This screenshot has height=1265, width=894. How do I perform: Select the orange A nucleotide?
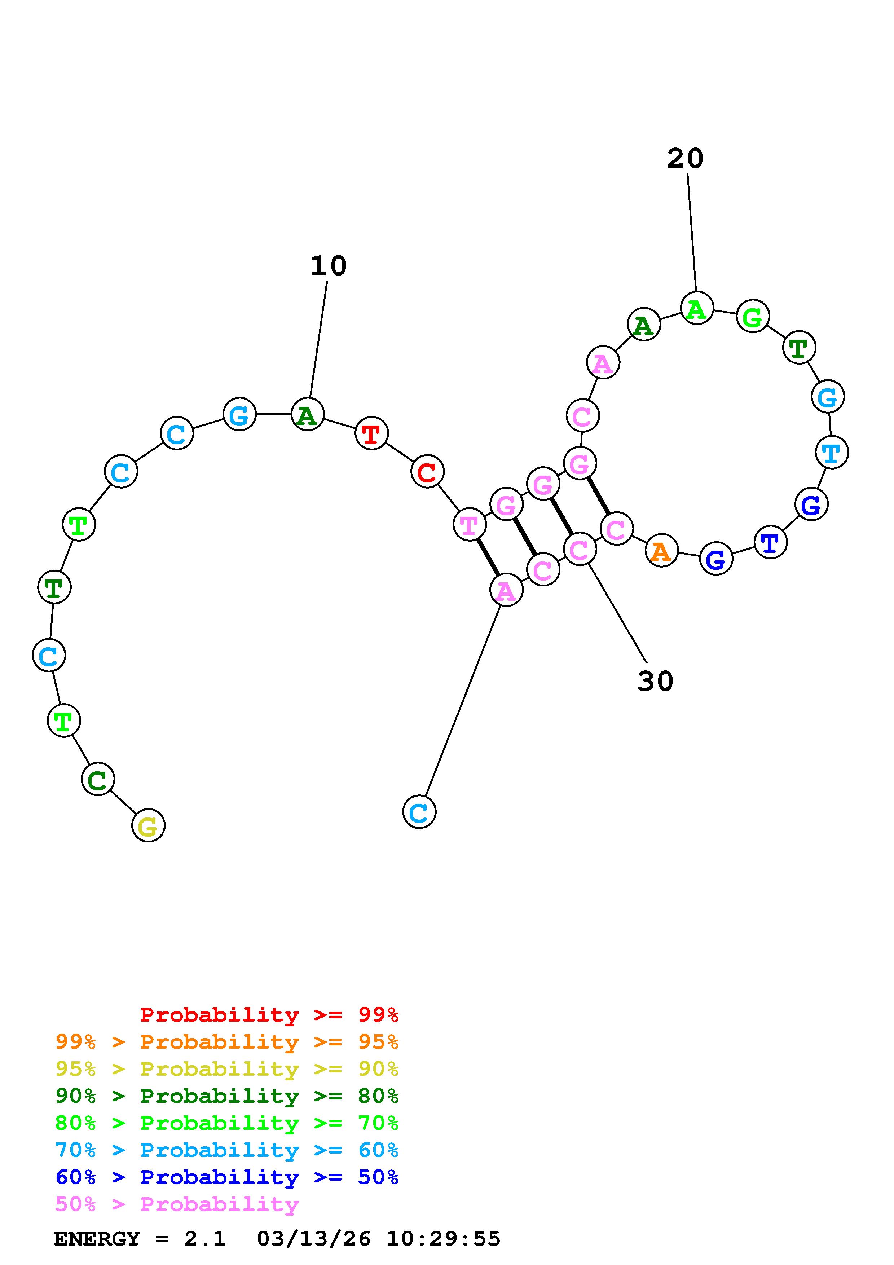[661, 550]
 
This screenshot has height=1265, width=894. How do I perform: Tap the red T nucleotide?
[372, 433]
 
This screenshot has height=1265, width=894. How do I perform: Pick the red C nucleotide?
[427, 472]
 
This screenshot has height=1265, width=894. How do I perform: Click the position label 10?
[328, 266]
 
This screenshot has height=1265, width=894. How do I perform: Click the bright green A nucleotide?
[697, 309]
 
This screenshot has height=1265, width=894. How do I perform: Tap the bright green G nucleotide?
[752, 316]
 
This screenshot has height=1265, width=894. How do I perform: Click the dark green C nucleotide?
[97, 779]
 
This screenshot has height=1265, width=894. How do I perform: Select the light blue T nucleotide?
[831, 452]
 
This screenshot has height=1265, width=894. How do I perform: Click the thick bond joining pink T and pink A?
[488, 557]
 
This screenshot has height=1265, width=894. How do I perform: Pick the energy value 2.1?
[205, 1239]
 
